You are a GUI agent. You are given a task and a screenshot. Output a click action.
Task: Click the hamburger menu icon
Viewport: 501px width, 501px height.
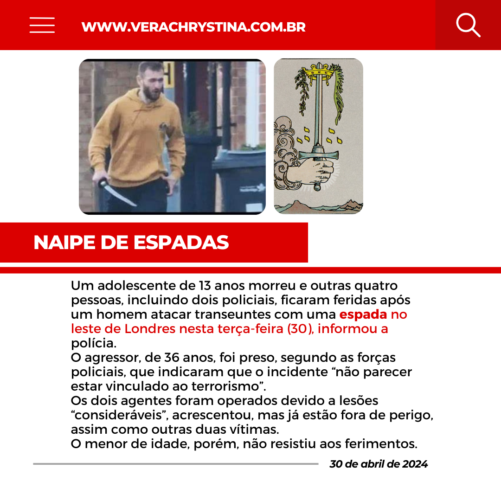pos(42,25)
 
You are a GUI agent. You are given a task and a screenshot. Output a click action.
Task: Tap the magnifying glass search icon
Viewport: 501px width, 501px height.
pos(468,25)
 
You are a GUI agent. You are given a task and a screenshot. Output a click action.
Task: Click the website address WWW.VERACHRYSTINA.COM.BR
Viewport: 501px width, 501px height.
pos(193,27)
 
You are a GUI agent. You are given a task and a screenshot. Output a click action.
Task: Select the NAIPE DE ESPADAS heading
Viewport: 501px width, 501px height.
pos(131,243)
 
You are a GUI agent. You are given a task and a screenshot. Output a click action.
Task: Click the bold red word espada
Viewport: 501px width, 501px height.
pos(363,315)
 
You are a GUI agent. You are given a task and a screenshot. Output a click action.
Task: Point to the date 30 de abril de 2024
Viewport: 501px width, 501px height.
pos(379,464)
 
